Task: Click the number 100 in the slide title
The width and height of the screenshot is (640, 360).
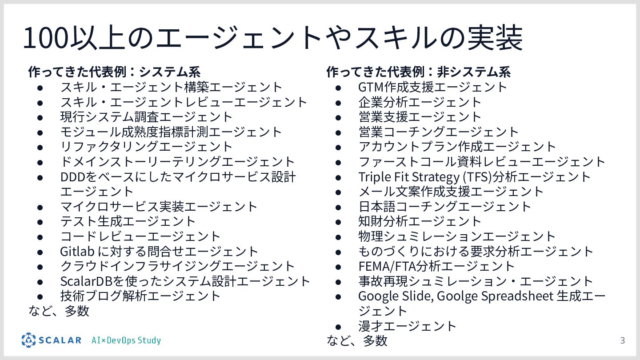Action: tap(44, 38)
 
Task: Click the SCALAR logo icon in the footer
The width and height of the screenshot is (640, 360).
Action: tap(28, 340)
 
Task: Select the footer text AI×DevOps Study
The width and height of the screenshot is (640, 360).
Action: tap(126, 341)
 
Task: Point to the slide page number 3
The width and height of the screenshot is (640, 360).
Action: tap(622, 341)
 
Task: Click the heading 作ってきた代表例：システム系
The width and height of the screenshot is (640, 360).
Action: tap(114, 72)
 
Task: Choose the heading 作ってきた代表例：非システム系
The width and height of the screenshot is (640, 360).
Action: tap(418, 72)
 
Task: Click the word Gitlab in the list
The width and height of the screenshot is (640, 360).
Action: tap(77, 251)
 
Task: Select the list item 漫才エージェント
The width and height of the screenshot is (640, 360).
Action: tap(407, 326)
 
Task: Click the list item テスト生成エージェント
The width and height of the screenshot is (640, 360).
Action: tap(128, 221)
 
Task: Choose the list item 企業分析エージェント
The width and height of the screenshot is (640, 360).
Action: tap(420, 102)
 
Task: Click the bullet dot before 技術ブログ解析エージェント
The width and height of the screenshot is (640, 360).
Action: tap(40, 296)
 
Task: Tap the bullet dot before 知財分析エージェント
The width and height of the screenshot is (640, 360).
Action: tap(338, 221)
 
